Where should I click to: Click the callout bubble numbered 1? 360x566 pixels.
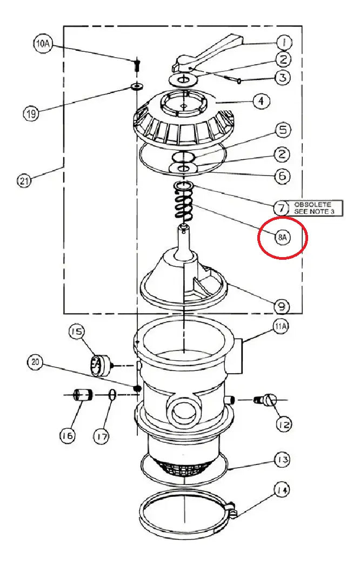tap(284, 43)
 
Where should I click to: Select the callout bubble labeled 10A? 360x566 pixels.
tap(43, 44)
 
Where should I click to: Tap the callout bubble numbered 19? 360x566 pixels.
tap(31, 114)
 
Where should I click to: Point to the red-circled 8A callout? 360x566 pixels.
tap(282, 237)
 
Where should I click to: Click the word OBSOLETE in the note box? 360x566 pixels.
tap(312, 204)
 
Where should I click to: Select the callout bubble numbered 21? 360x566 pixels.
tap(24, 180)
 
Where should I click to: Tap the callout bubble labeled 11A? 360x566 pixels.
tap(281, 327)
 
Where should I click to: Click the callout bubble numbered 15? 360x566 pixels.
tap(76, 332)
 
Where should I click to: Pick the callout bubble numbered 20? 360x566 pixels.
tap(35, 362)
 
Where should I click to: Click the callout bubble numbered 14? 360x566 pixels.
tap(282, 490)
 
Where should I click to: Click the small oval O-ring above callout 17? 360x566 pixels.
tap(112, 395)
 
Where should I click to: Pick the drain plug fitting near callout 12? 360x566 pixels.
tap(266, 400)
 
